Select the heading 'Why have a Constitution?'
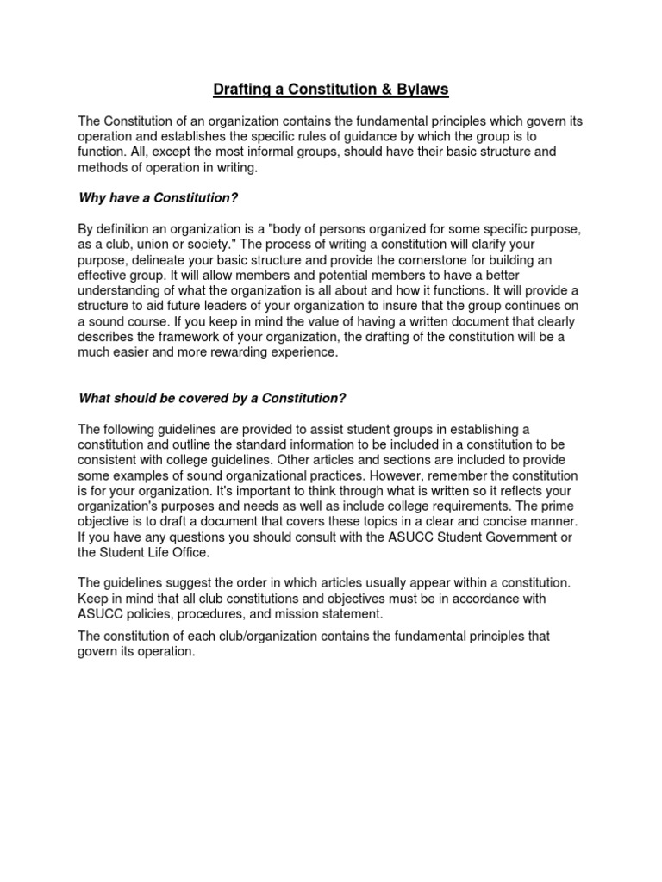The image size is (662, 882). (x=158, y=198)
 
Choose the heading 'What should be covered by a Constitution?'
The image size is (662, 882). (x=212, y=398)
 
